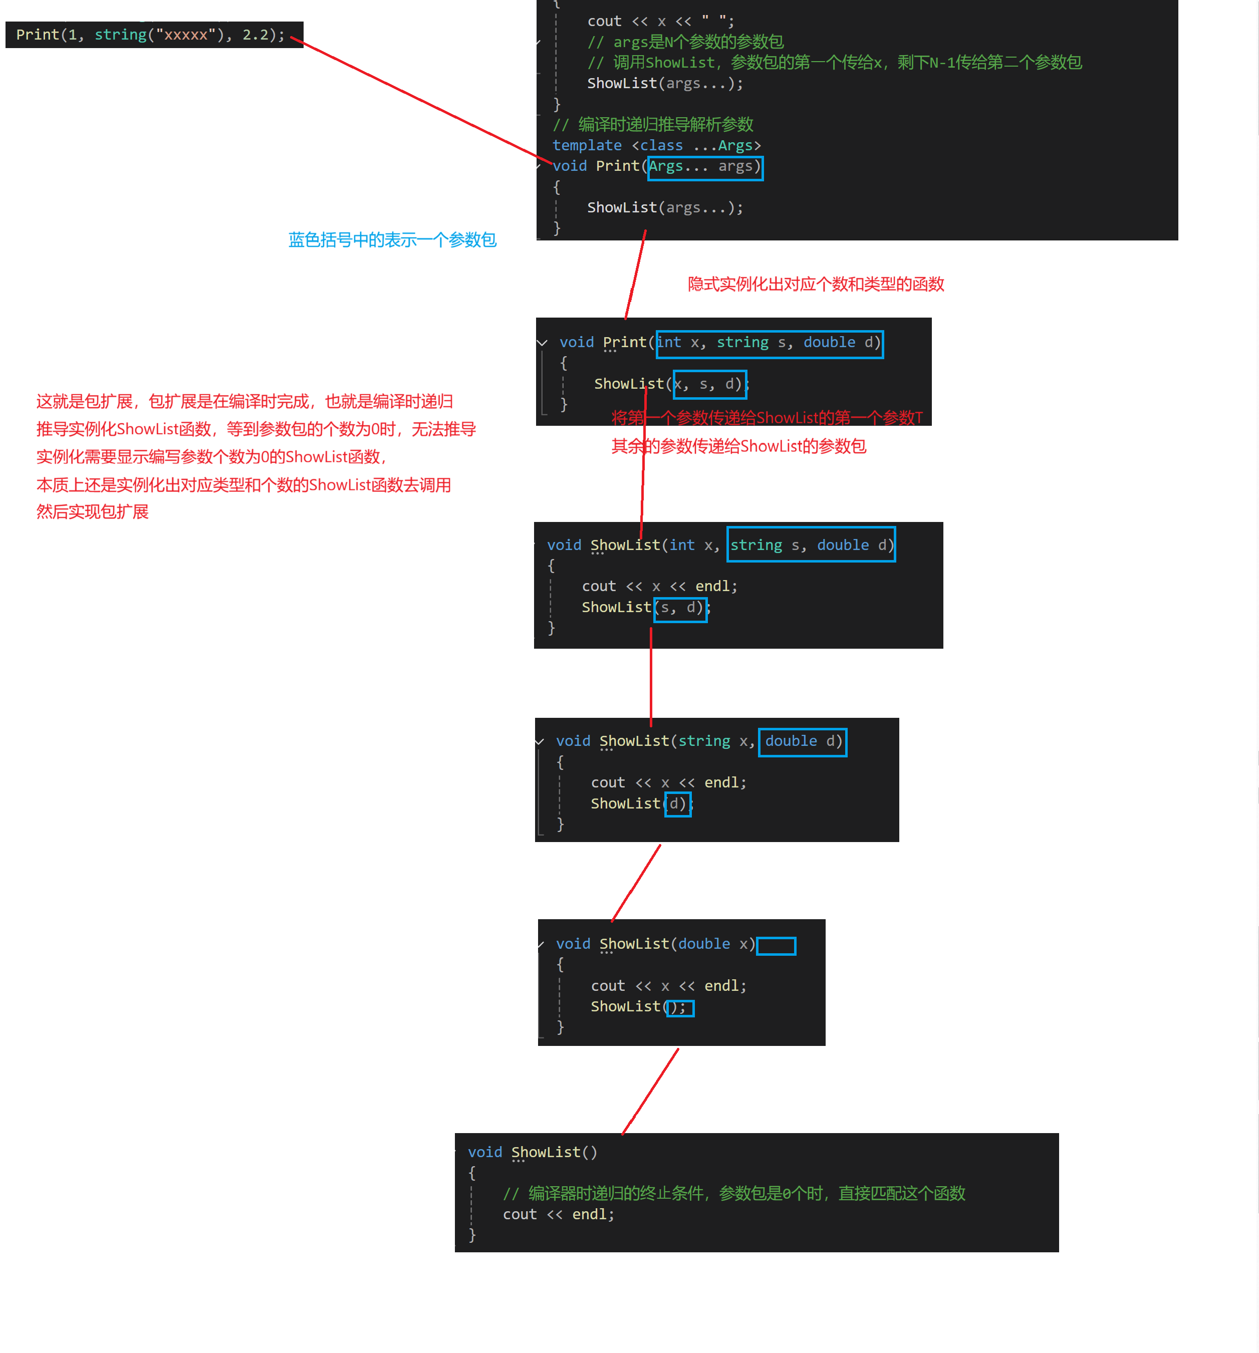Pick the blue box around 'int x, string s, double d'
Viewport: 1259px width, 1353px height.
pyautogui.click(x=769, y=344)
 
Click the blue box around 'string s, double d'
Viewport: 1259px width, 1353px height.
pyautogui.click(x=811, y=545)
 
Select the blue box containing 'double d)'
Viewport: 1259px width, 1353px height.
pyautogui.click(x=803, y=741)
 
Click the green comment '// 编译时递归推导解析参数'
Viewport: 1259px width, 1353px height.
pyautogui.click(x=653, y=125)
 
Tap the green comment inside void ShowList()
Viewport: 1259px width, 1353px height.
pyautogui.click(x=733, y=1193)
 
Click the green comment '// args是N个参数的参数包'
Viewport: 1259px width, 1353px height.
pyautogui.click(x=685, y=42)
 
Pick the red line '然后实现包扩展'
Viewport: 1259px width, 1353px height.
pyautogui.click(x=93, y=512)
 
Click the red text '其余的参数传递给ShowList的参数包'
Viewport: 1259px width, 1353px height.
pyautogui.click(x=738, y=446)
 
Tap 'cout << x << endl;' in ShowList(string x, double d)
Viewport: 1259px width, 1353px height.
pyautogui.click(x=668, y=782)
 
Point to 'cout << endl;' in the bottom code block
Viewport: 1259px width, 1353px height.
pyautogui.click(x=558, y=1214)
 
